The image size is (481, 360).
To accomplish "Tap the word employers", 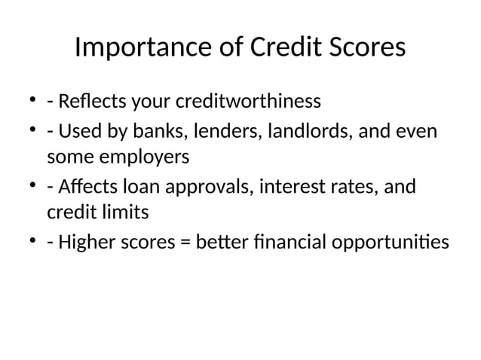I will (146, 158).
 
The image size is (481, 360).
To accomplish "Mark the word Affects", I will (87, 185).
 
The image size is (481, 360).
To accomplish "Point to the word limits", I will (122, 213).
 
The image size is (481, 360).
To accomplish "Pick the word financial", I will (305, 242).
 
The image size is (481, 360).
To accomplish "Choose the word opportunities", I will (402, 242).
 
